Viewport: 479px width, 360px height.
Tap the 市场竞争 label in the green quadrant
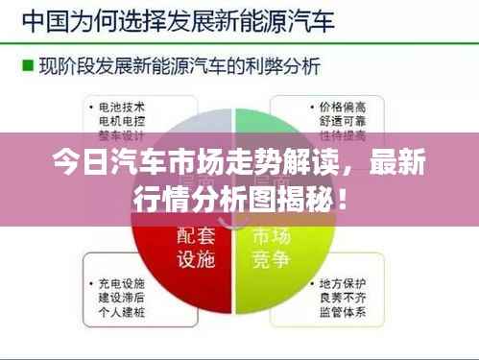pyautogui.click(x=273, y=248)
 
